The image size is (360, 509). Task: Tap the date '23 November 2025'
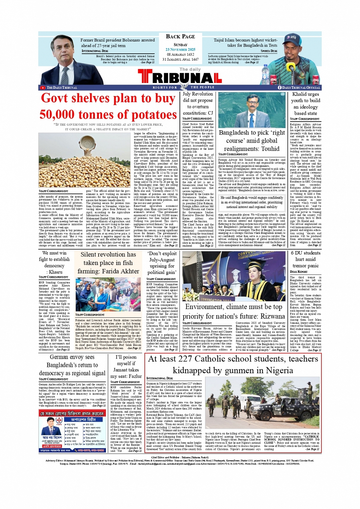pos(180,50)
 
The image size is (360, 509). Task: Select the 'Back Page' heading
pos(180,37)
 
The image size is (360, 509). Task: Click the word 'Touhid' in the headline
pos(270,149)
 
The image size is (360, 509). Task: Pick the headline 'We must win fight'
pos(54,256)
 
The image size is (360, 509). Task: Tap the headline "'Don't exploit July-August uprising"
pos(162,263)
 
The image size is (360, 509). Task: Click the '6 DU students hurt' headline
pos(306,259)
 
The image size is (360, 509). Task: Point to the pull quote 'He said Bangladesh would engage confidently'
pos(251,202)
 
